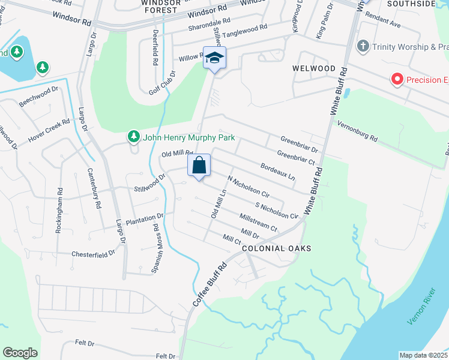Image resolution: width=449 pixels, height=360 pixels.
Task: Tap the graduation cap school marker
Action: (x=214, y=58)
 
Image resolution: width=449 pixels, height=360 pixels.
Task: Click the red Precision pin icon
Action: (x=396, y=79)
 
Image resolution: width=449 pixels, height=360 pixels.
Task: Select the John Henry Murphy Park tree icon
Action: (x=133, y=137)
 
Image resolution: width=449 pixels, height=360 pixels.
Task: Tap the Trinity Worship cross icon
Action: (x=363, y=46)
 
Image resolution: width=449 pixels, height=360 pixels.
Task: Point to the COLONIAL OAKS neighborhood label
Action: (x=276, y=248)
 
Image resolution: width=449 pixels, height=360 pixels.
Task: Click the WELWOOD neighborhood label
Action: (x=314, y=68)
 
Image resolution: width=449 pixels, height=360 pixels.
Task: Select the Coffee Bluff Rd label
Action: (x=209, y=285)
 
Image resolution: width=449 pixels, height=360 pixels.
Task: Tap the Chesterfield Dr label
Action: (x=93, y=254)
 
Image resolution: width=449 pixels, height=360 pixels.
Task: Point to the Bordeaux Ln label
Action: (x=277, y=172)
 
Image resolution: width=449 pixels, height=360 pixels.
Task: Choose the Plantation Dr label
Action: (x=145, y=216)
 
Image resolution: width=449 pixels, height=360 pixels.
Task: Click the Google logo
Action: (x=20, y=353)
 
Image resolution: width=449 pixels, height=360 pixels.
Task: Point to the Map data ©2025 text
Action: (x=423, y=355)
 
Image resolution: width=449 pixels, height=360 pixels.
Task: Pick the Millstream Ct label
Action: (x=258, y=222)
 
